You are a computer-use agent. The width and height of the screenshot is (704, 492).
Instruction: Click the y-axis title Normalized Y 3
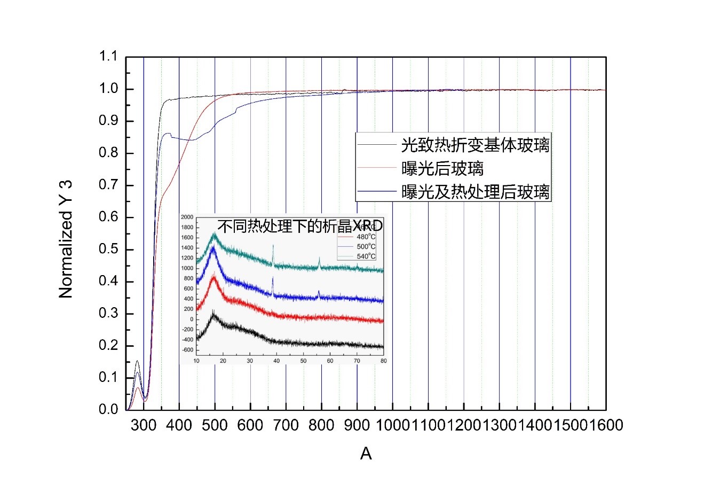(66, 239)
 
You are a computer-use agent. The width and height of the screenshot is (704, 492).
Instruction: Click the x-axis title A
(366, 454)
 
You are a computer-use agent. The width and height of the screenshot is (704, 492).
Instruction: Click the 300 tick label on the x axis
(144, 425)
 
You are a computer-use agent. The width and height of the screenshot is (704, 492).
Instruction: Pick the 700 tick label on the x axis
(286, 425)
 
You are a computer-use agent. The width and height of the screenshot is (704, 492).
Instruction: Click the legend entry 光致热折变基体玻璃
(475, 144)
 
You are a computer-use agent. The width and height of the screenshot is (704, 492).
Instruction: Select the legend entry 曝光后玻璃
(442, 168)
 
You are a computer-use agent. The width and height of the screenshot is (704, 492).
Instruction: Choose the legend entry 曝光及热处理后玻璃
(475, 192)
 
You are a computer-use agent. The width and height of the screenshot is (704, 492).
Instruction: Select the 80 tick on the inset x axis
(384, 361)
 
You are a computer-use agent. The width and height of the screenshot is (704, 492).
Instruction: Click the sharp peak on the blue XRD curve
(273, 279)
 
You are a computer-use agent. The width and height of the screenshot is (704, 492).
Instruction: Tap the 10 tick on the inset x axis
(196, 361)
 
